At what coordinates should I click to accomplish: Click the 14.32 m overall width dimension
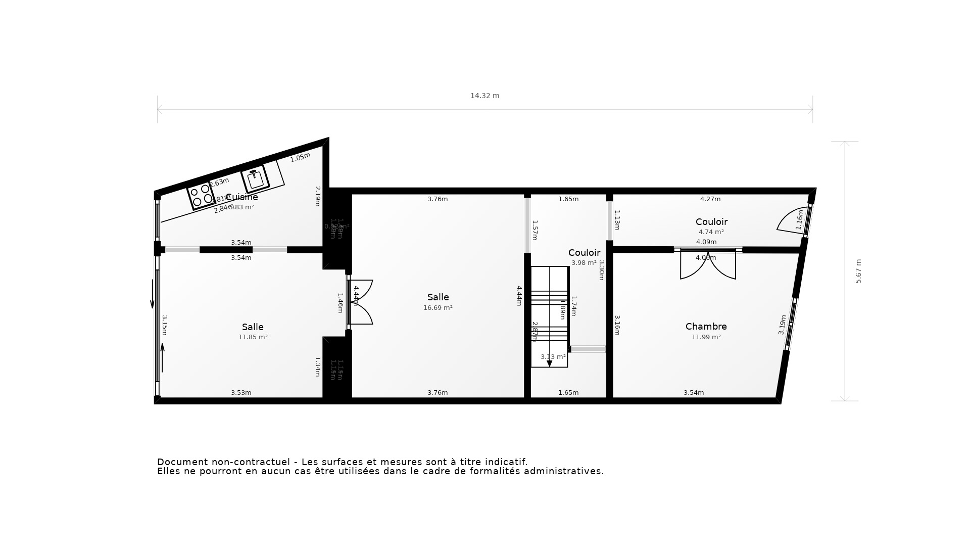[484, 96]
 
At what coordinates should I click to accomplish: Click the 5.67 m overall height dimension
[858, 271]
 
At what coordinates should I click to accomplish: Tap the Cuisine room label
[241, 197]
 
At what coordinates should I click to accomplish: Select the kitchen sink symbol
[255, 178]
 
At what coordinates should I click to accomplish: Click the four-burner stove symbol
[201, 196]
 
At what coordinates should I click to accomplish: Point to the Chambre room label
[706, 327]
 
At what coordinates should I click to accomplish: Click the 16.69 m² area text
[438, 307]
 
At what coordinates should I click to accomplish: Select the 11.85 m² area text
[253, 337]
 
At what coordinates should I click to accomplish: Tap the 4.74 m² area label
[711, 232]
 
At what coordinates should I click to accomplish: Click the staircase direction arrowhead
[549, 363]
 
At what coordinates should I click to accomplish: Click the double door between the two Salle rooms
[361, 302]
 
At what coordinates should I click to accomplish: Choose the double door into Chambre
[708, 264]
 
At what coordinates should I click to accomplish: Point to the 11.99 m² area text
[706, 337]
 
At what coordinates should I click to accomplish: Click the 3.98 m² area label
[584, 263]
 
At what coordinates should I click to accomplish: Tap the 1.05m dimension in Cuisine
[300, 157]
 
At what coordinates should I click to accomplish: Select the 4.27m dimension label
[710, 199]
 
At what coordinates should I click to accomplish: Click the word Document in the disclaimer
[182, 462]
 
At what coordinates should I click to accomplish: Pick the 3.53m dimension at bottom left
[241, 393]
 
